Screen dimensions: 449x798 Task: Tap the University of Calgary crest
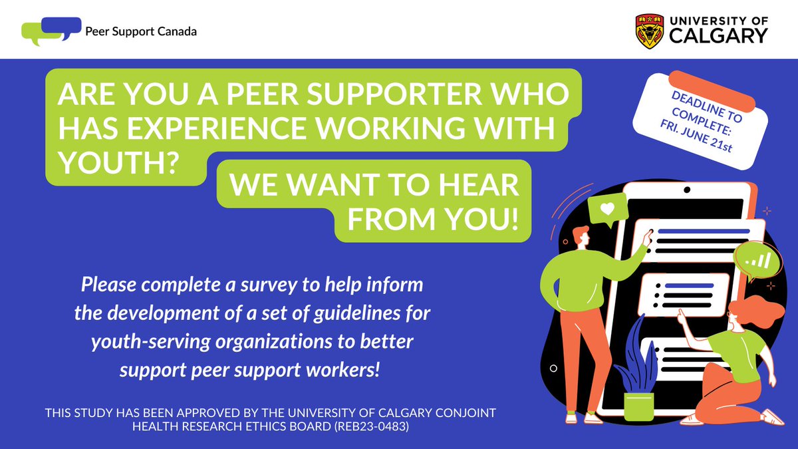pyautogui.click(x=649, y=31)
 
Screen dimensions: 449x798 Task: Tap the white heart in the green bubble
pyautogui.click(x=606, y=208)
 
